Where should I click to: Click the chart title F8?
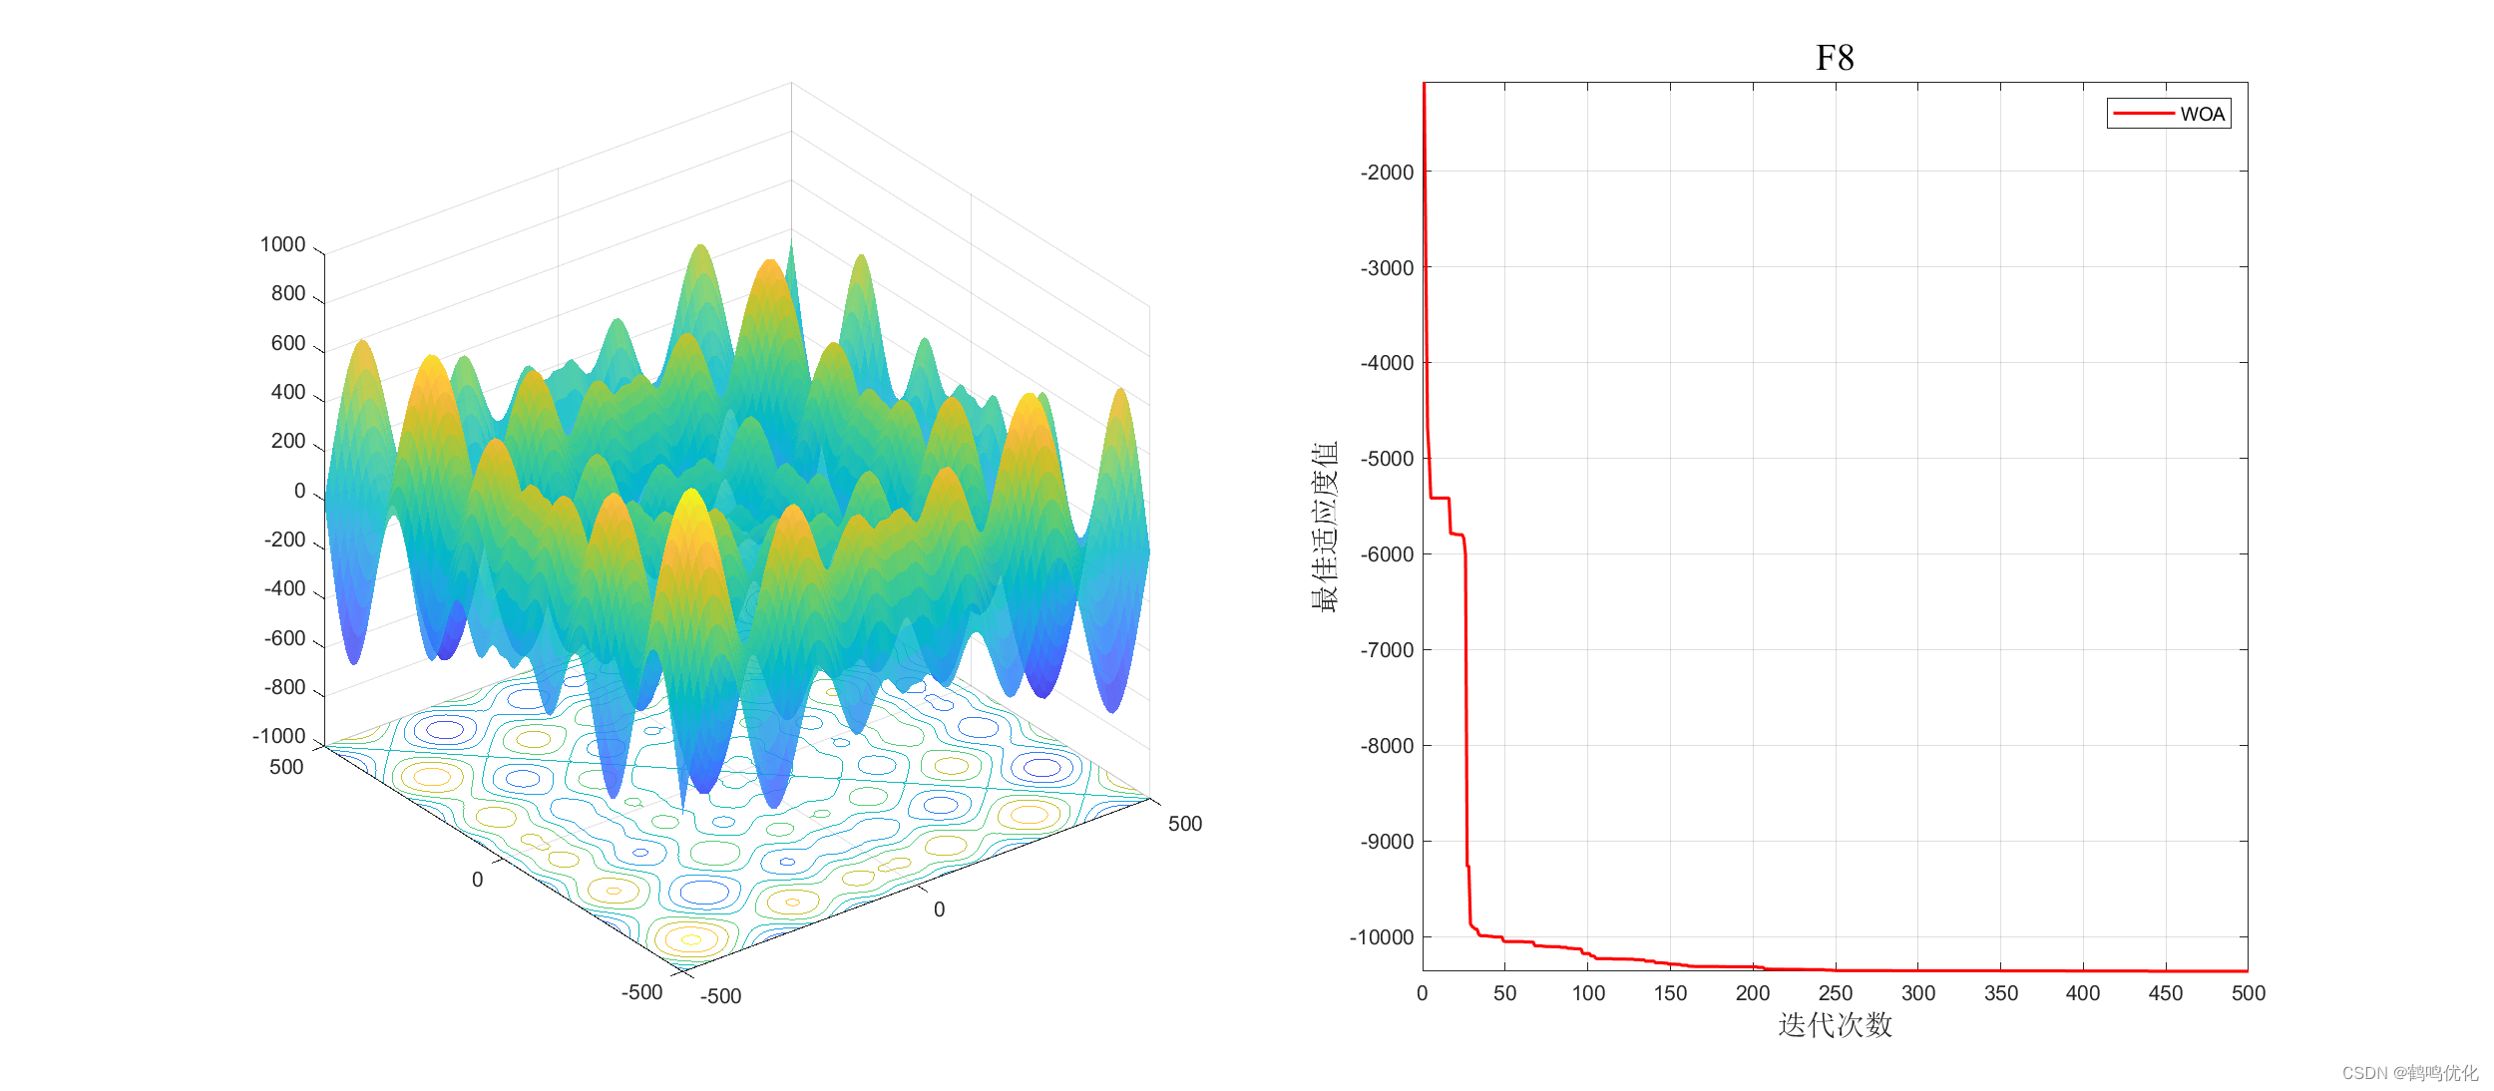pos(1835,58)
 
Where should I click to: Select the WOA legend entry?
pos(2169,114)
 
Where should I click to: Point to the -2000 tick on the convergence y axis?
pos(1387,173)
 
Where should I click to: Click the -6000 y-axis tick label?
pos(1387,554)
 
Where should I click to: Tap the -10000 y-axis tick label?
pos(1382,937)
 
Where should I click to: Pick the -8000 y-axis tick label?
pos(1387,746)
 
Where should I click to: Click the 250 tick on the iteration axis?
pos(1836,993)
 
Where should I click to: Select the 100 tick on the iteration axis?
pos(1588,993)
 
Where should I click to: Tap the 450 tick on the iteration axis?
pos(2166,993)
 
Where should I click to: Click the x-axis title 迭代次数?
pos(1835,1025)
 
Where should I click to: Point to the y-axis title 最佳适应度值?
pos(1325,527)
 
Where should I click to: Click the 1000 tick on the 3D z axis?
pos(282,244)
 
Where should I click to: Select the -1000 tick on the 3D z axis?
pos(278,736)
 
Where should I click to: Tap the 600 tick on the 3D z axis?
pos(288,343)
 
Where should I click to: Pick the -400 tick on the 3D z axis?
pos(284,588)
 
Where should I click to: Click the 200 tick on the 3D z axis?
pos(288,441)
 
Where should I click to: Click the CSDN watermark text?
pos(2409,1073)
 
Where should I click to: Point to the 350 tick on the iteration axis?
pos(2001,993)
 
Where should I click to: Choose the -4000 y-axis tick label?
pos(1387,363)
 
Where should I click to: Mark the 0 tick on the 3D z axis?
pos(299,491)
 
